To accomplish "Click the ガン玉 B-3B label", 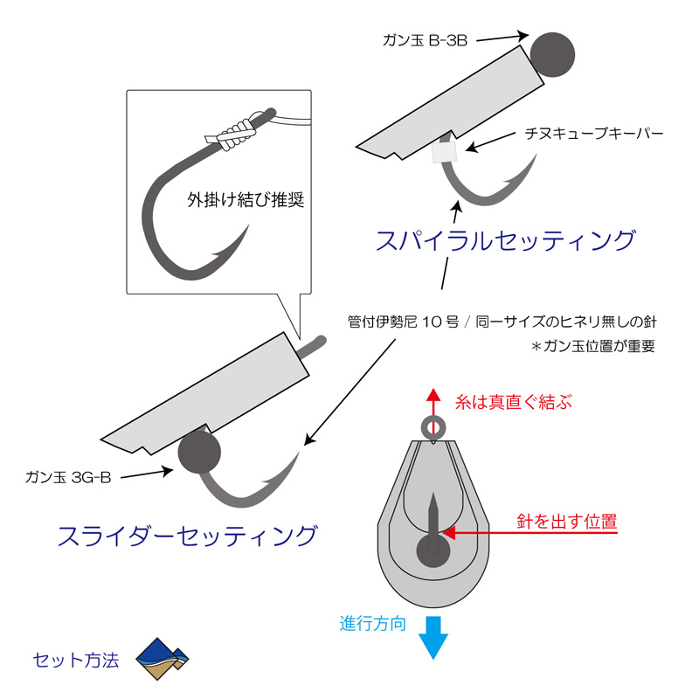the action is coord(425,40).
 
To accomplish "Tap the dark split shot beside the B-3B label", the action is coord(552,54).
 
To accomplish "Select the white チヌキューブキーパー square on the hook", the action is coord(445,152).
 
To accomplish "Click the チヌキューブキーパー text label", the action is coord(594,134).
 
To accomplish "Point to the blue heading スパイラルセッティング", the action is coord(505,240).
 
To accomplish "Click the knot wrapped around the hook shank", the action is coord(237,135).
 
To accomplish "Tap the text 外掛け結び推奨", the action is coord(246,200).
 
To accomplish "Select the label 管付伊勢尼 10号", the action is coord(403,322).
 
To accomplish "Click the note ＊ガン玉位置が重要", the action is coord(593,346).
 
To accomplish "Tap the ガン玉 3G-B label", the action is coord(68,477).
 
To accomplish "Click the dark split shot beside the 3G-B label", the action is coord(199,452).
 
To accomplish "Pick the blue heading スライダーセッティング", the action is coord(187,536).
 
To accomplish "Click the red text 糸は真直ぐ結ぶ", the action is coord(513,402).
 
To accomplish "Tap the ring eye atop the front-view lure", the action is coord(433,427).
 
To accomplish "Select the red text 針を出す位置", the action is coord(567,521).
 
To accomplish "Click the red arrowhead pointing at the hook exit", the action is coord(448,533).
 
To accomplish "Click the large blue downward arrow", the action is coord(433,638).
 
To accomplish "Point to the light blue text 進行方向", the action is coord(373,624).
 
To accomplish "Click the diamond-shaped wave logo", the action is coord(163,659).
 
